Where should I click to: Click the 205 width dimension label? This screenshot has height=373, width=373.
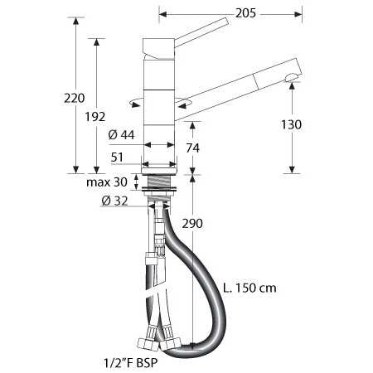point(245,13)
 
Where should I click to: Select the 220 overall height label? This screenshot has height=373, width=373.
point(75,98)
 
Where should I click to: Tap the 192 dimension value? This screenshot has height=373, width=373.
point(95,117)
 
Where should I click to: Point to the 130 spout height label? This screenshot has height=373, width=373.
point(291,124)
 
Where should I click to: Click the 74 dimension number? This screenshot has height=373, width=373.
point(192,148)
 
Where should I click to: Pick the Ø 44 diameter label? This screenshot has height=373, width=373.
point(121,135)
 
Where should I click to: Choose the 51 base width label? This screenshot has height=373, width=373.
point(117,157)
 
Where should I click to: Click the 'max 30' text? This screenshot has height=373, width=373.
point(107,182)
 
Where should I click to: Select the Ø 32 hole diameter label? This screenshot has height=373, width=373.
point(114,201)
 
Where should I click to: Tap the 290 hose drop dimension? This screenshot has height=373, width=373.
point(192,223)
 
